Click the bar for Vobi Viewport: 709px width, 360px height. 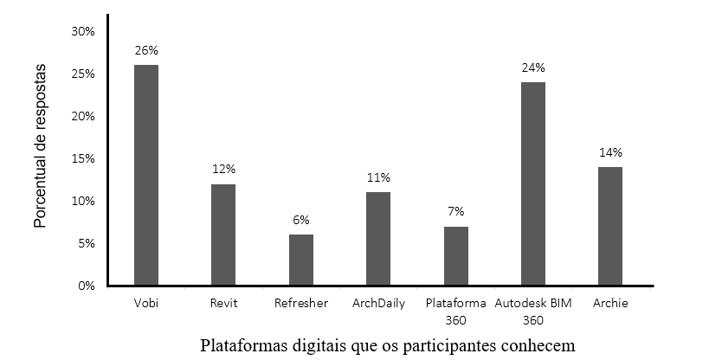coord(146,175)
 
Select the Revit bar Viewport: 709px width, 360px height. coord(223,235)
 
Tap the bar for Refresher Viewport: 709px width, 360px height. coord(301,260)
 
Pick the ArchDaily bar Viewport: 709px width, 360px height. coord(378,239)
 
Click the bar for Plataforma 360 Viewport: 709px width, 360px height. coord(456,256)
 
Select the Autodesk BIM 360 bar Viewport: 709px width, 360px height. coord(533,183)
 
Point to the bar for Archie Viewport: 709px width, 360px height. coord(610,226)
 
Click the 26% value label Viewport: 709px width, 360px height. coord(146,50)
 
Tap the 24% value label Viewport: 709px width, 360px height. coord(533,67)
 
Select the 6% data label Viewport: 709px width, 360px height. coord(301,220)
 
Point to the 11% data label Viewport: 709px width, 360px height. coord(378,177)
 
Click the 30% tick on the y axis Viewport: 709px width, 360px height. coord(83,32)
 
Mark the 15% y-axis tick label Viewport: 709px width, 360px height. coord(83,159)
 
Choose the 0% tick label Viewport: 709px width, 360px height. coord(86,286)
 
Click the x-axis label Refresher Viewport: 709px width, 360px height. coord(301,304)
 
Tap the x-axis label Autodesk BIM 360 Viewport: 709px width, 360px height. coord(533,312)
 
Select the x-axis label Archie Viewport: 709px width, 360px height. coord(610,304)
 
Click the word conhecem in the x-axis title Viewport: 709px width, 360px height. coord(538,346)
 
